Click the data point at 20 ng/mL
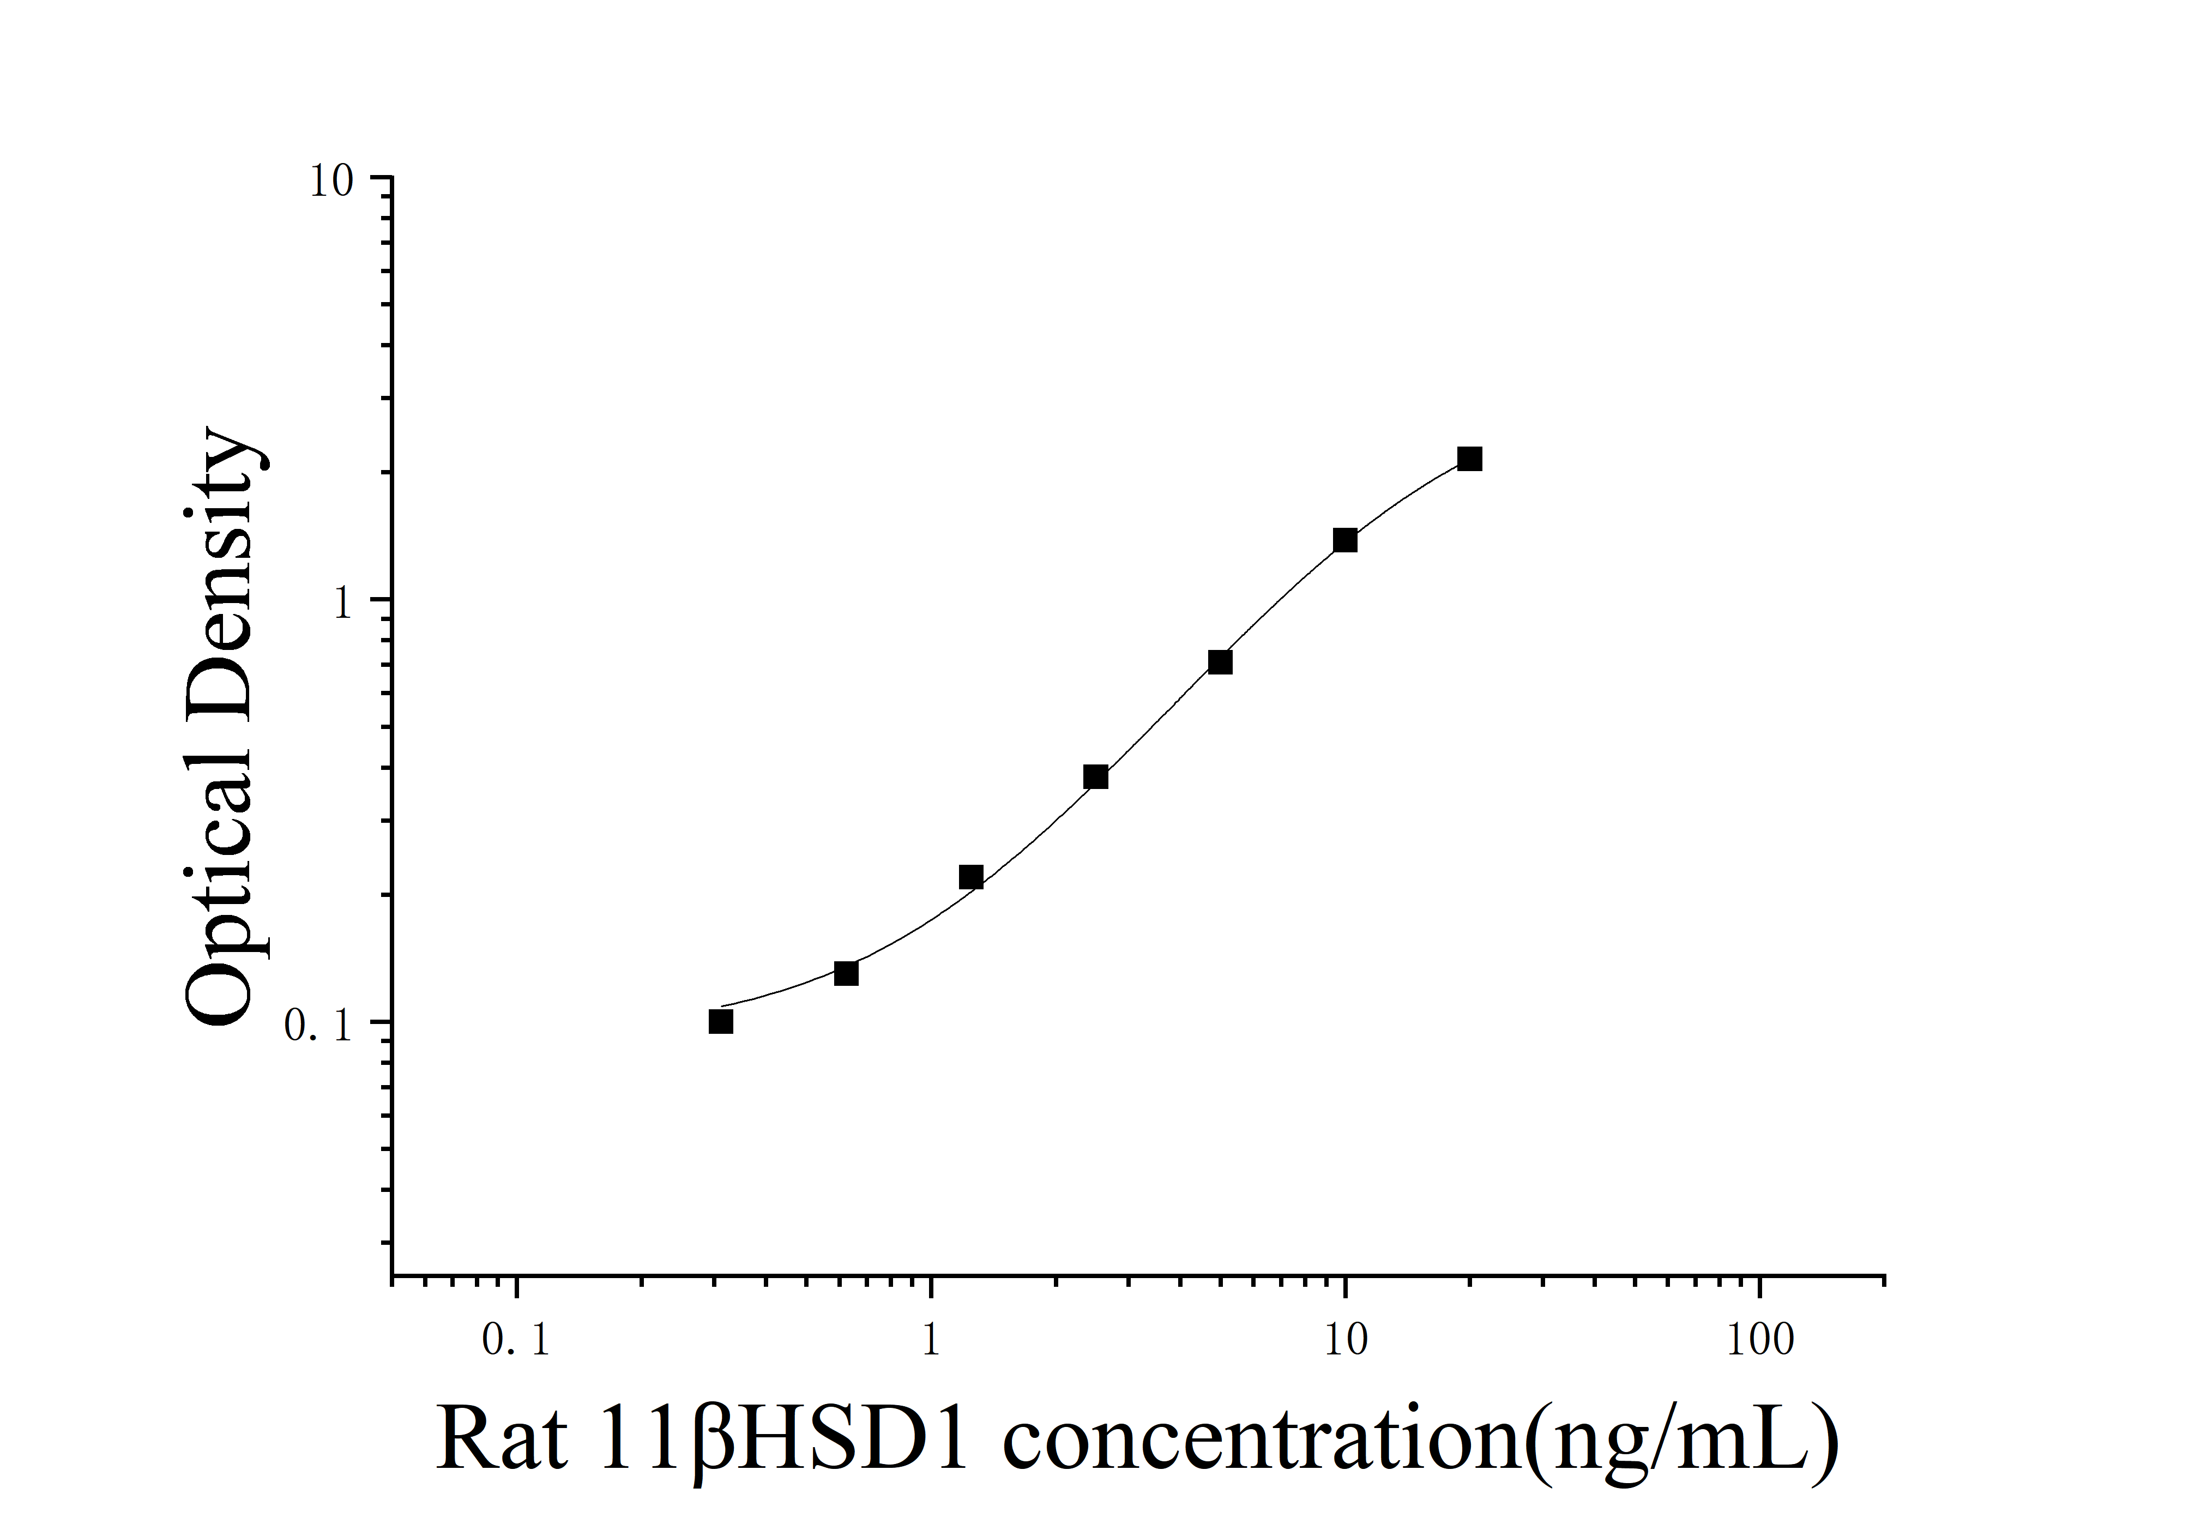[1469, 460]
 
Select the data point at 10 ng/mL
[1344, 540]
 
